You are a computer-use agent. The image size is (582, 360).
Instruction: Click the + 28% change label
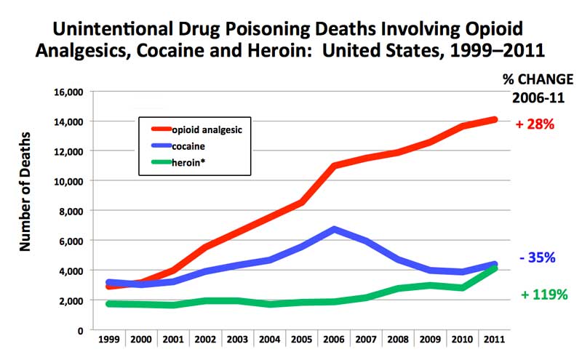[x=535, y=124]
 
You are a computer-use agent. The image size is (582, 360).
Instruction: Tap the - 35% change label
[x=538, y=257]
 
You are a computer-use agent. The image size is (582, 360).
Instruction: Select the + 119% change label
[x=544, y=295]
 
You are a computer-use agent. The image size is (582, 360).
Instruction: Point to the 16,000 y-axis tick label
[x=65, y=92]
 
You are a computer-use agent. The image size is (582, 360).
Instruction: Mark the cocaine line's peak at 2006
[x=333, y=229]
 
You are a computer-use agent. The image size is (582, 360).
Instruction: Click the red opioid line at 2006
[x=333, y=166]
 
